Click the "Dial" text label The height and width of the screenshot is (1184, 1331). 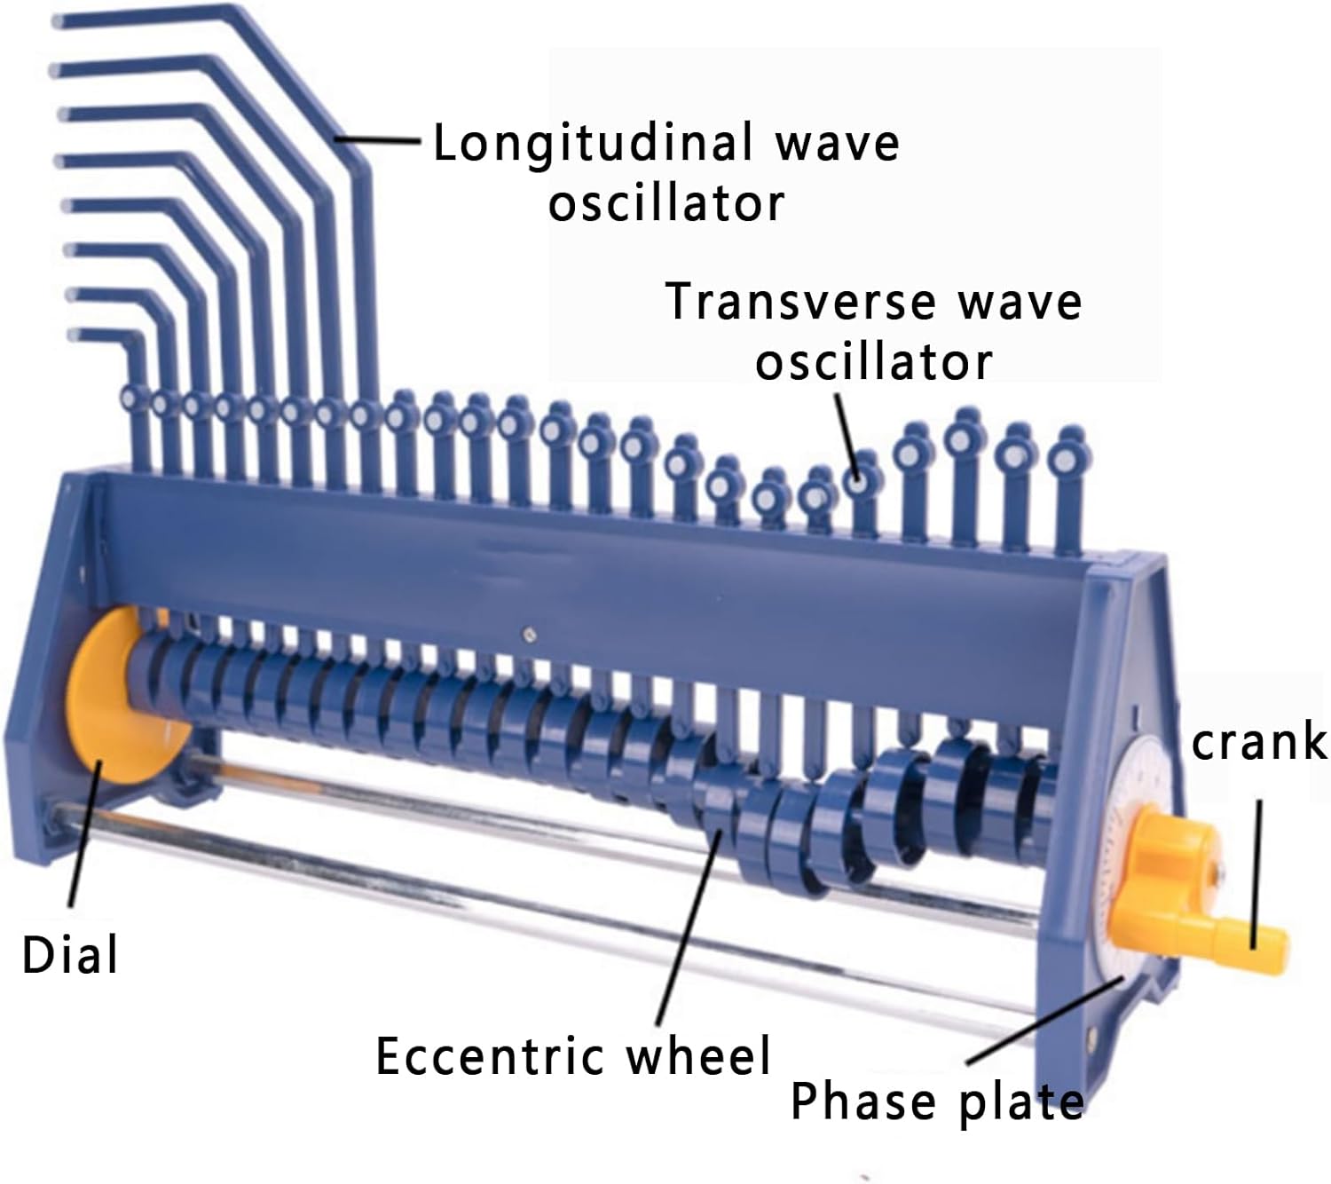[x=69, y=956]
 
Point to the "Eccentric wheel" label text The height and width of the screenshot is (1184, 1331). [x=573, y=1055]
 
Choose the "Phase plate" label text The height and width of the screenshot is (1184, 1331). [x=936, y=1101]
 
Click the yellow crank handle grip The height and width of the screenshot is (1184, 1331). [x=1260, y=935]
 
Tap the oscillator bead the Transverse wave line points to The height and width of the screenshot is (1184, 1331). [x=856, y=483]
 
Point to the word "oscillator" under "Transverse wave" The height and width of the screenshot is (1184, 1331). [x=873, y=362]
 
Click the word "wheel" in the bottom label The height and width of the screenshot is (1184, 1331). [x=698, y=1055]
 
